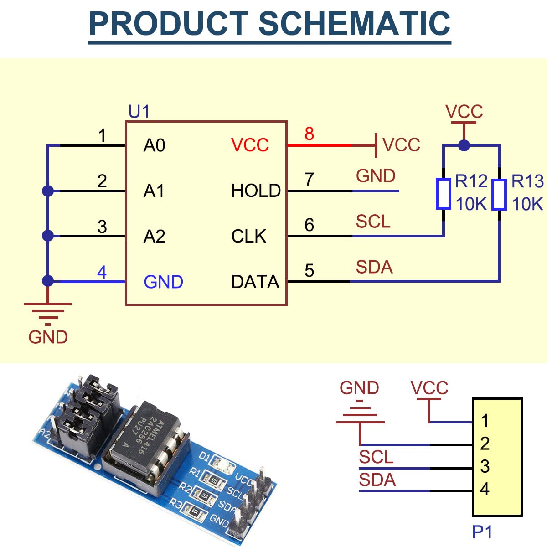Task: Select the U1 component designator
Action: coord(139,111)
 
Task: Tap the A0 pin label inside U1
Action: coord(154,145)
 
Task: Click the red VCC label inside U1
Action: coord(250,145)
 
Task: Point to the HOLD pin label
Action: coord(256,190)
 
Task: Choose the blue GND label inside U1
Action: coord(164,282)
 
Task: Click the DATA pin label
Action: coord(255,282)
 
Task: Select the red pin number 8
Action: coord(309,134)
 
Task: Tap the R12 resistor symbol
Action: coord(444,194)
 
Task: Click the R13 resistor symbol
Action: coord(499,194)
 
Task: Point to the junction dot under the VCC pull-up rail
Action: coord(464,145)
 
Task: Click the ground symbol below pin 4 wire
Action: coord(48,314)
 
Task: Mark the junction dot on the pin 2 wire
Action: coord(48,191)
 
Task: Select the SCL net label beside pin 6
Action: coord(373,222)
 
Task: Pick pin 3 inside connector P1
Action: coord(485,466)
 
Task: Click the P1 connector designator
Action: coord(482,532)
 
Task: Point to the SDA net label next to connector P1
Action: coord(377,480)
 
